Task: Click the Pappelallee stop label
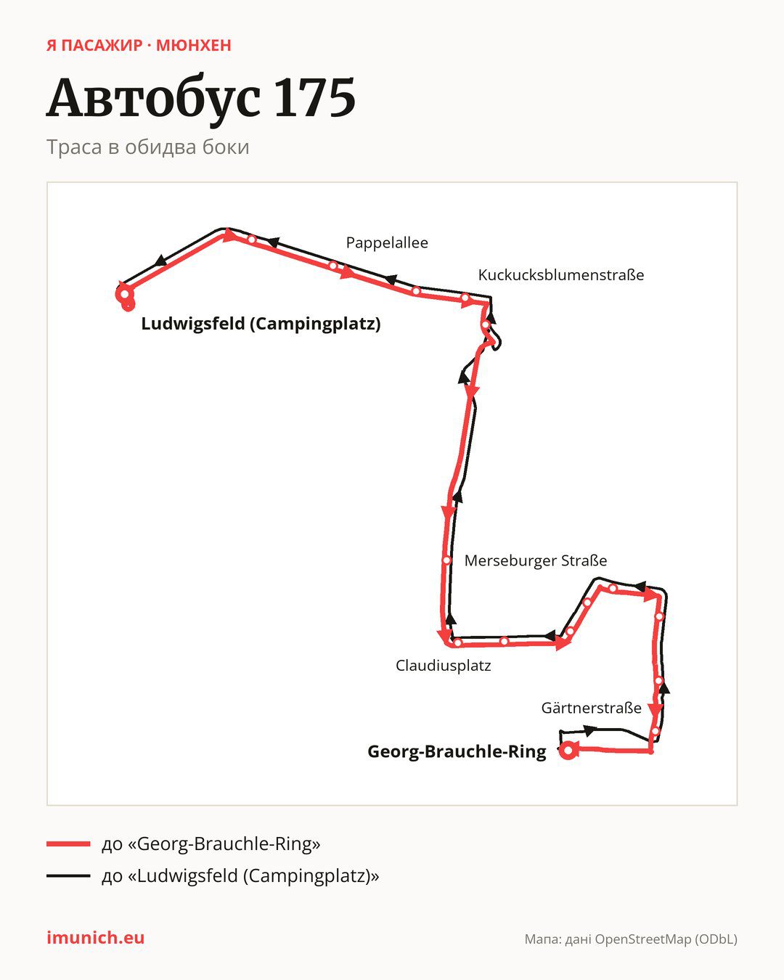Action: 387,242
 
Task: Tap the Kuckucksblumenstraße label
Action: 561,275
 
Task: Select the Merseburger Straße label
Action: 535,560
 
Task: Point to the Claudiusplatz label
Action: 443,666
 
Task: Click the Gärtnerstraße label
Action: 592,708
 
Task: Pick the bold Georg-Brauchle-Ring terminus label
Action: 457,751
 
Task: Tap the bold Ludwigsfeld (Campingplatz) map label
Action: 261,324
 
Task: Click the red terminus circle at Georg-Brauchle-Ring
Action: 568,750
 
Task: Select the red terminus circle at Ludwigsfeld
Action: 124,294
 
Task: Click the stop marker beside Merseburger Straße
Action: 447,560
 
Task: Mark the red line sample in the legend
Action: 68,844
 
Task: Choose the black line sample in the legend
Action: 68,875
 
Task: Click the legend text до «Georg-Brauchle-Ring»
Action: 211,844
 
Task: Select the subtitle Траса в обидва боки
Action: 148,147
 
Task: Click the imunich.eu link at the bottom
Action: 96,938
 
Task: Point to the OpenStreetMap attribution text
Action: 631,939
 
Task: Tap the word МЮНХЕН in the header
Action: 194,46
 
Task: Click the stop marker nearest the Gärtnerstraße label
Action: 655,732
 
